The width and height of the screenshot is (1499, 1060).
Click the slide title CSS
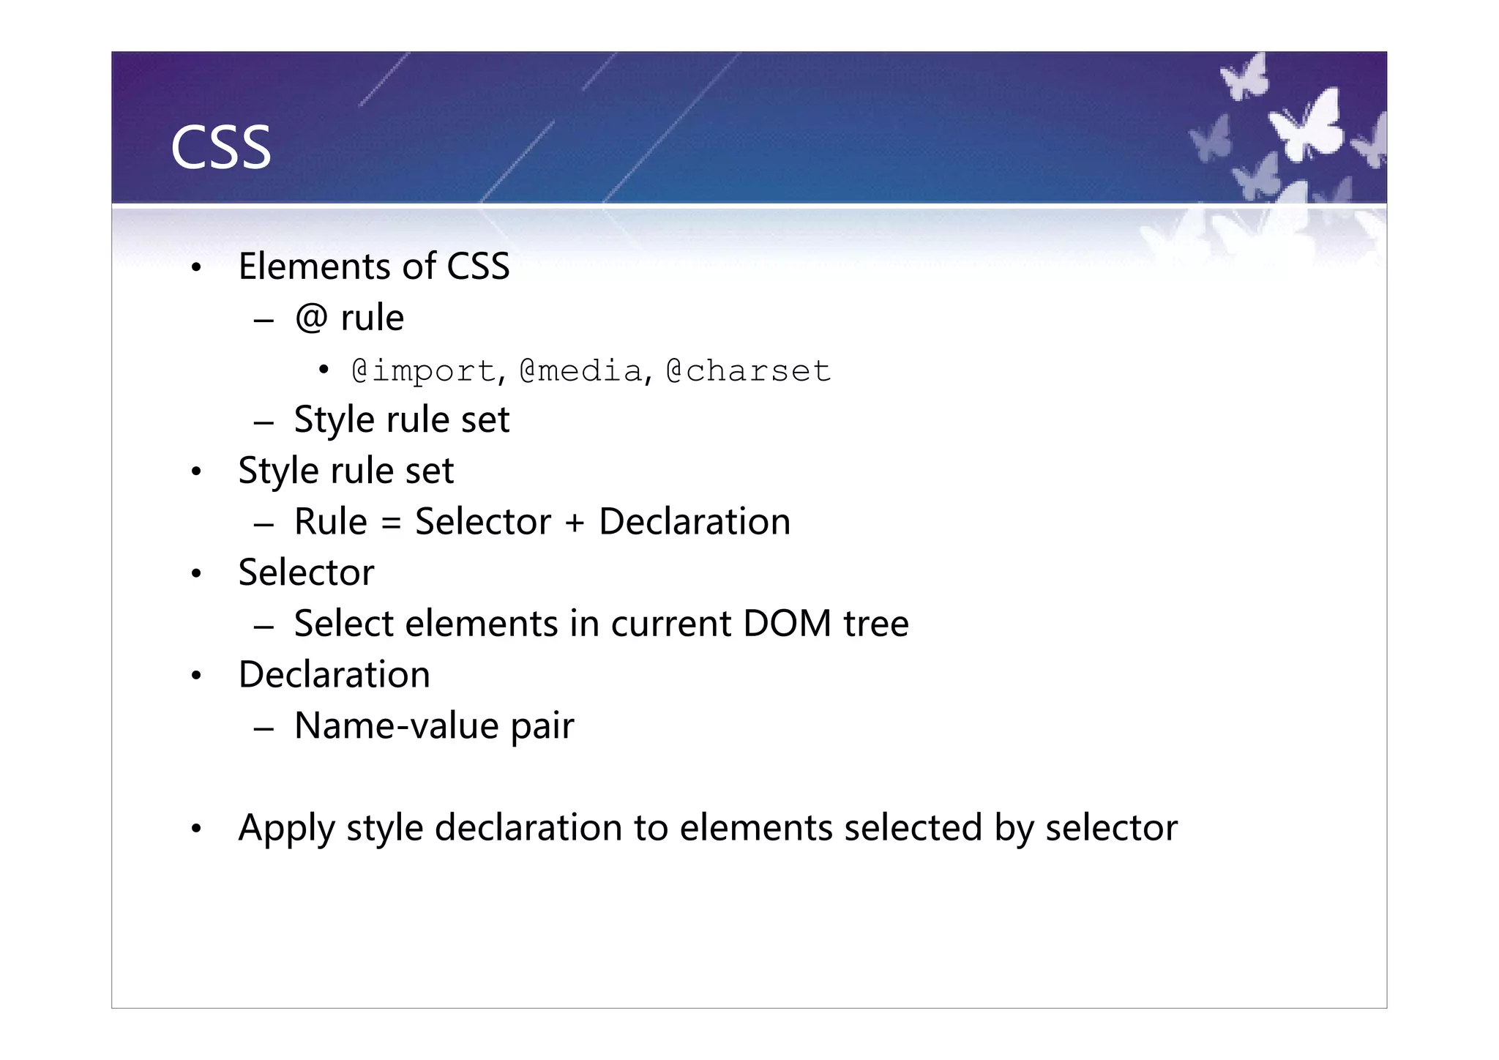(x=220, y=149)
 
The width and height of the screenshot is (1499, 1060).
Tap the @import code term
(x=424, y=371)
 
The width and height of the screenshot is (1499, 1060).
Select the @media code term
(x=581, y=371)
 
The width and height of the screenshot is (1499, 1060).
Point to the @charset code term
(x=748, y=371)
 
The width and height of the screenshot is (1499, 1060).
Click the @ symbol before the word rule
(x=311, y=318)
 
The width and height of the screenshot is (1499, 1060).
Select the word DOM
(x=787, y=624)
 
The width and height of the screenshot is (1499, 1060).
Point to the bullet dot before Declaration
(x=195, y=676)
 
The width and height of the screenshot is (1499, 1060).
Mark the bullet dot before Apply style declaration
(x=195, y=829)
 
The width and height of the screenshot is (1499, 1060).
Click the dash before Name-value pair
(x=263, y=728)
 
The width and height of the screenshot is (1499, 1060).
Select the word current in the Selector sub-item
(x=670, y=624)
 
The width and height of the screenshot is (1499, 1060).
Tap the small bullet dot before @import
(x=324, y=370)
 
